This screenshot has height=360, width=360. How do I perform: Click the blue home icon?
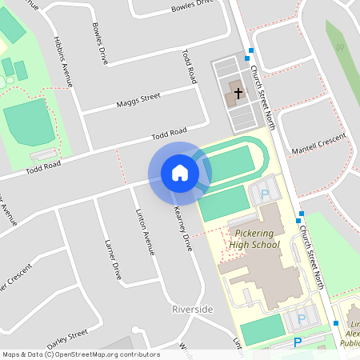180,172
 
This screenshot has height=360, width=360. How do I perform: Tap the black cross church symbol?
238,93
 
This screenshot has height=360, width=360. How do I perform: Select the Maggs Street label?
138,101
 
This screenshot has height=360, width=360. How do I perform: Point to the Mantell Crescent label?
320,145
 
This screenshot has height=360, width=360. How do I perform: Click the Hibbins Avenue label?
63,61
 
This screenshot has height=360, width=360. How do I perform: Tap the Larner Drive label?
113,259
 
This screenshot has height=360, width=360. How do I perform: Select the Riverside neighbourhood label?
193,309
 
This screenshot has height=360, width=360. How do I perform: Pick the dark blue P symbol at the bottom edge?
298,342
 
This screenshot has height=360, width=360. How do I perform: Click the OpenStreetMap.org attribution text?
116,354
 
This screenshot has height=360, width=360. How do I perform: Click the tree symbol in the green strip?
340,48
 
